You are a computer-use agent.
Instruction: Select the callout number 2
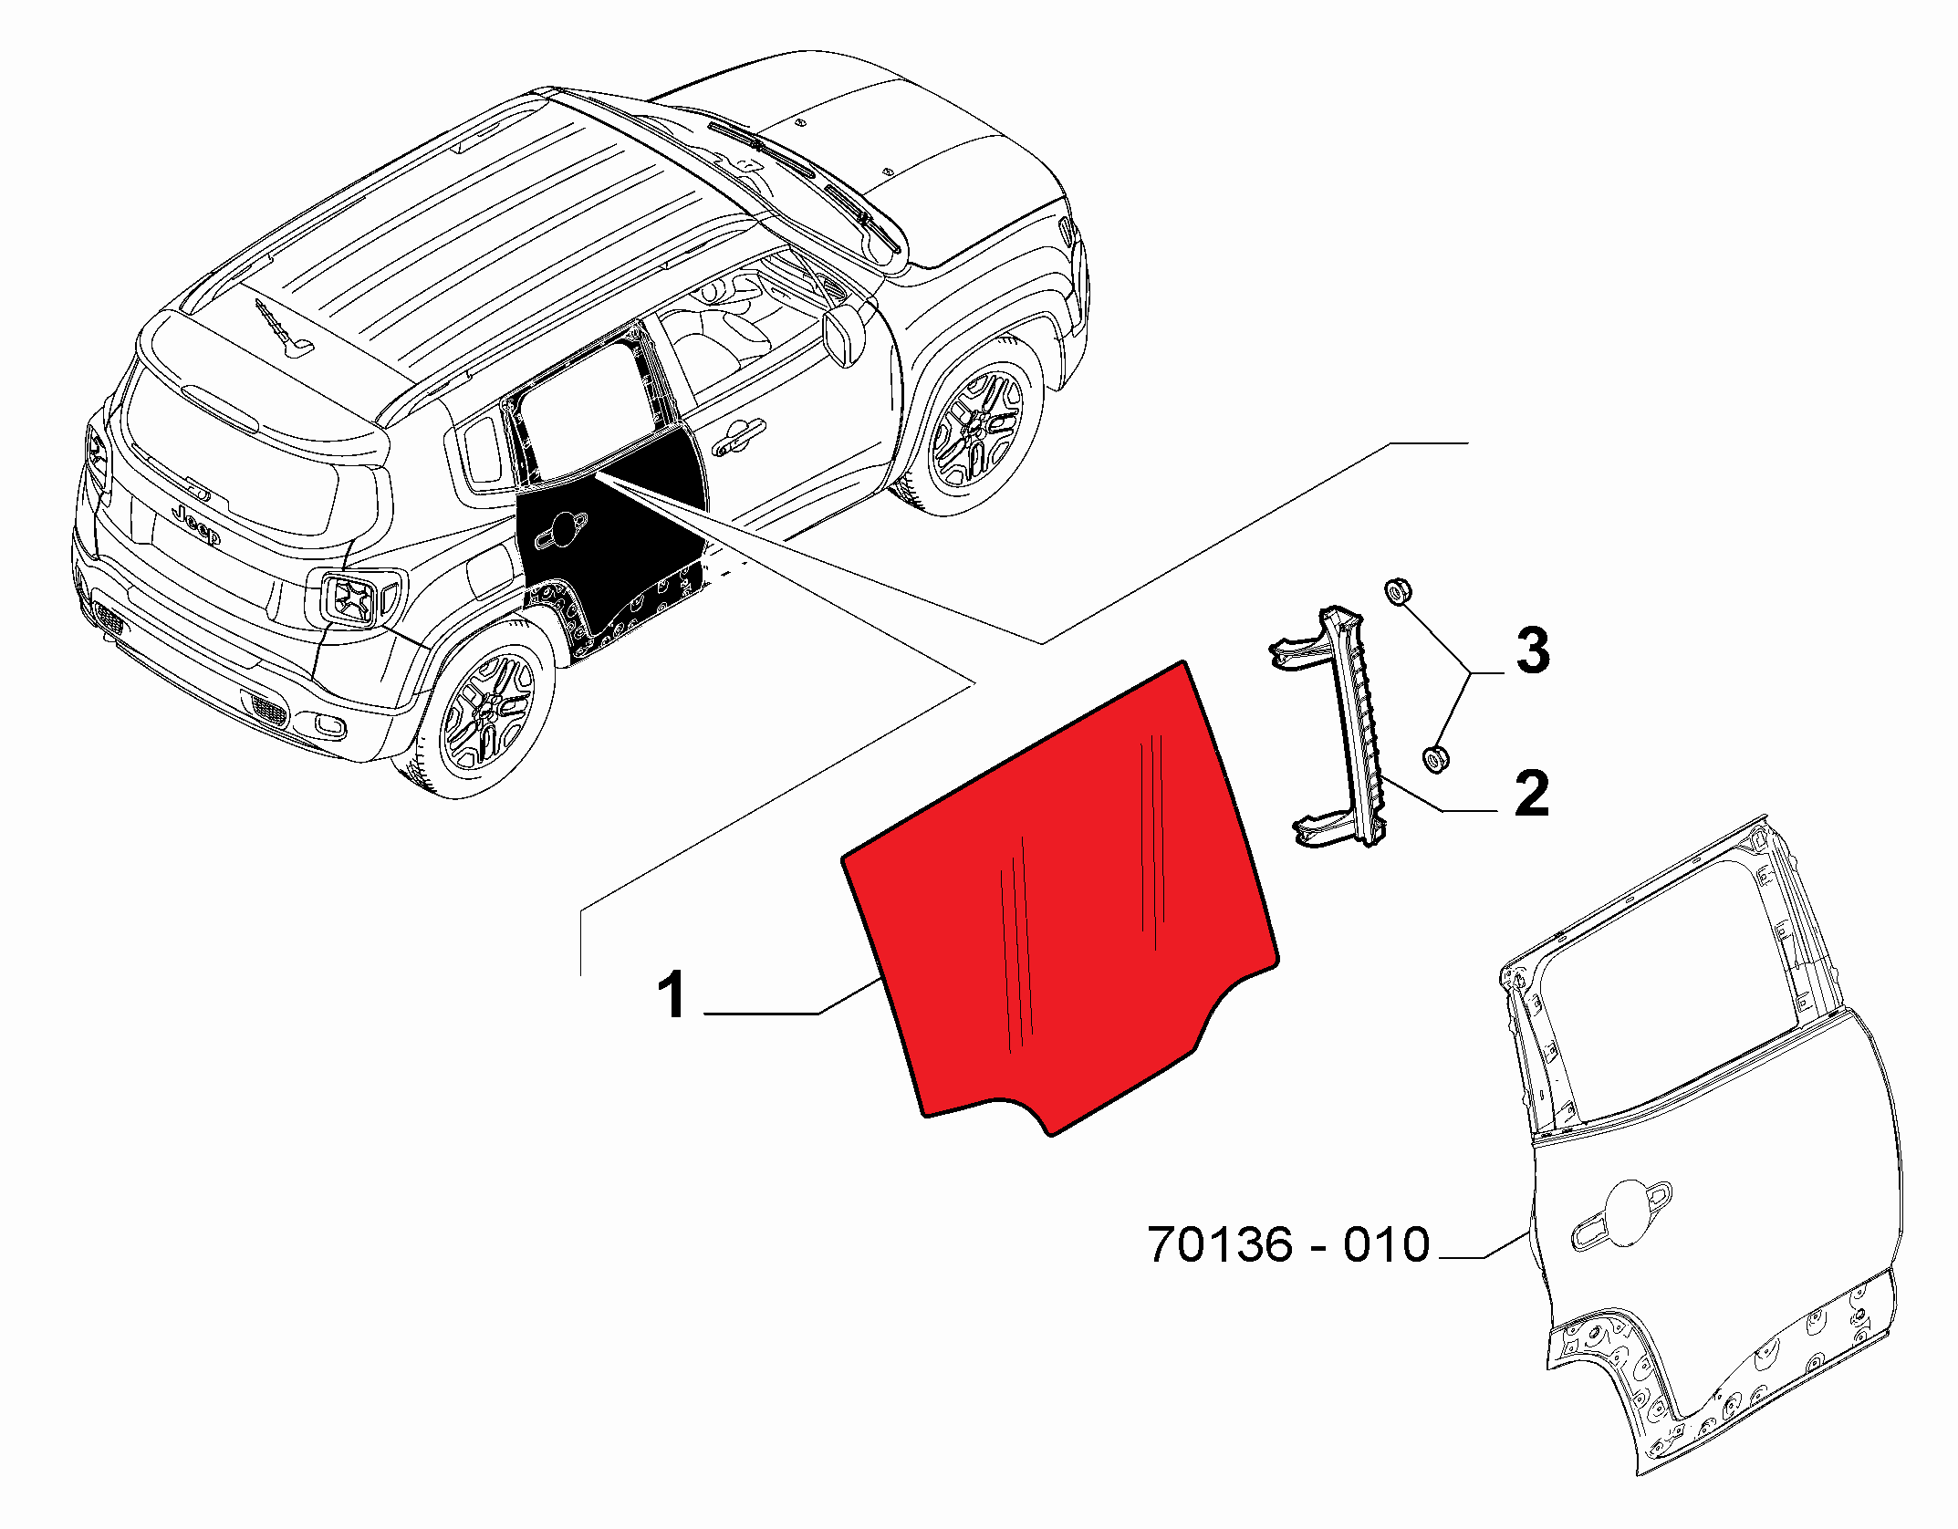tap(1532, 793)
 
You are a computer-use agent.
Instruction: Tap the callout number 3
tap(1533, 650)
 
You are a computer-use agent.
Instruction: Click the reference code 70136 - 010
tap(1288, 1244)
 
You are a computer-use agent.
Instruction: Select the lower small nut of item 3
tap(1435, 758)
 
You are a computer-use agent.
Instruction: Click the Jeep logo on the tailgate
tap(197, 525)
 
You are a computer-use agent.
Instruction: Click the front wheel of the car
tap(978, 422)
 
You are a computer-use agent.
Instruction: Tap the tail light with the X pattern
tap(351, 598)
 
